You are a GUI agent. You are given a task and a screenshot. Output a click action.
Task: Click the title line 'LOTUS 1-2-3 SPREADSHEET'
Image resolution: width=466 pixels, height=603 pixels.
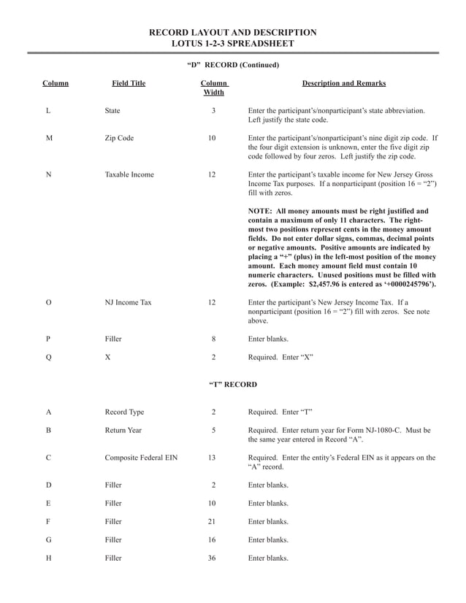(x=232, y=44)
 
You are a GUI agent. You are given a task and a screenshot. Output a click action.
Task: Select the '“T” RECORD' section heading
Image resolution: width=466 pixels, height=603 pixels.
(x=232, y=384)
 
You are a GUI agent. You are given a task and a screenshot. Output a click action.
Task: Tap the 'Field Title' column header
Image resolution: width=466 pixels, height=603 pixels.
(x=129, y=84)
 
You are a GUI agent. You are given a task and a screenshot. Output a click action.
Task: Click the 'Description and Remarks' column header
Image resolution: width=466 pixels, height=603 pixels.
(x=343, y=84)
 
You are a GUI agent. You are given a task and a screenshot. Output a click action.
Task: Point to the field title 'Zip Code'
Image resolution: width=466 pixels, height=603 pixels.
(x=119, y=137)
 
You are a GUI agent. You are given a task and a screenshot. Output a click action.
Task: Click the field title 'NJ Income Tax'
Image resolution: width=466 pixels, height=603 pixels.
(x=128, y=301)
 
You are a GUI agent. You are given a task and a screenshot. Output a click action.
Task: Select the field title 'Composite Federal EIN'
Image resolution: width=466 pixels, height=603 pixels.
(x=141, y=458)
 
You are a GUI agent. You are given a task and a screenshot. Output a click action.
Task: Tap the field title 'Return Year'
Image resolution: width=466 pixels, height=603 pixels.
(x=123, y=430)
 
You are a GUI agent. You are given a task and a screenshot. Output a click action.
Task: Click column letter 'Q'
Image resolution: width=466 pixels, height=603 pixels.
(x=48, y=358)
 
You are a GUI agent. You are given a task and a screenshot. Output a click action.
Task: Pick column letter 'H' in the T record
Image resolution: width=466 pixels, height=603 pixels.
(x=48, y=558)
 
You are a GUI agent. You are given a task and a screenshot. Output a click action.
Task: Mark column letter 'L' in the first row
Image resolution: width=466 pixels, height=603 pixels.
(x=47, y=110)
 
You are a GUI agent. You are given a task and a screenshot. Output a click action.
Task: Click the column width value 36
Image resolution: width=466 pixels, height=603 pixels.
(x=213, y=558)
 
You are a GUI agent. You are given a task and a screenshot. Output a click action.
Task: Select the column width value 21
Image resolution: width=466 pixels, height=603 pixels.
(x=213, y=522)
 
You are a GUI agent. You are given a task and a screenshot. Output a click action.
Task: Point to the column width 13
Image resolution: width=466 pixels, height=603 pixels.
(x=213, y=458)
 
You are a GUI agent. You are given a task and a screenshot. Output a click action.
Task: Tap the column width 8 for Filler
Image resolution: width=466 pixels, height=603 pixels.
(x=213, y=339)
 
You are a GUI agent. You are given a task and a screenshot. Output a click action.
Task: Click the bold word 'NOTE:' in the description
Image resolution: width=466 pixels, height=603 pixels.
(x=261, y=211)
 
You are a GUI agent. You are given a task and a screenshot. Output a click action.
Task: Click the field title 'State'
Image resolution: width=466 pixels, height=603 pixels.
(x=112, y=110)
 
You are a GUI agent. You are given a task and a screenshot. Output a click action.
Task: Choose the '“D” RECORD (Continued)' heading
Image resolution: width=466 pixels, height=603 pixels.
(x=232, y=65)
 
